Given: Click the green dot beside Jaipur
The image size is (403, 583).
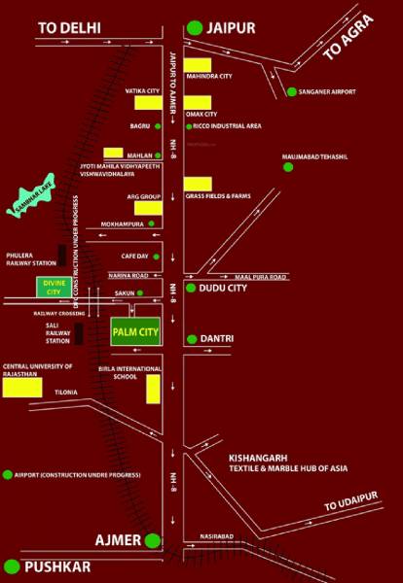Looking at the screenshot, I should coord(197,28).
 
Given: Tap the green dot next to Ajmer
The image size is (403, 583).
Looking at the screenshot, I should coord(153,540).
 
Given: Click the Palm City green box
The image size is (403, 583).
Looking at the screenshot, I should coord(135,331).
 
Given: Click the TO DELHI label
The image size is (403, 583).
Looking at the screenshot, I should coord(68,29).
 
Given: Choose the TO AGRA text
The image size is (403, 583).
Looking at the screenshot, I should coord(348,43).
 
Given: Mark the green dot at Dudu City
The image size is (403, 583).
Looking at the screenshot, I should coord(192,289).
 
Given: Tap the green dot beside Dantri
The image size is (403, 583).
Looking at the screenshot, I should coord(192,338).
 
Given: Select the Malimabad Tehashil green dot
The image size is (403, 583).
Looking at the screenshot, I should coord(287,167).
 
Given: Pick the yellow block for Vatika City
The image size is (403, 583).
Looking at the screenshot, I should coord(148,102).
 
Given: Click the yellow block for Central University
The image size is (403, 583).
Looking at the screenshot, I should coord(21,386).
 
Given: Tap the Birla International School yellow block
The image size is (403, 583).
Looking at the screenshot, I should coord(153,389).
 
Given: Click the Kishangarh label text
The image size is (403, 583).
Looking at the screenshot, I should coord(257,456).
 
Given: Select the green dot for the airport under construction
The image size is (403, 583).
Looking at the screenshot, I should coord(8,474).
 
